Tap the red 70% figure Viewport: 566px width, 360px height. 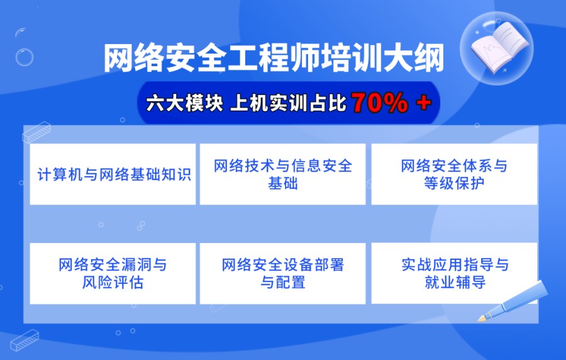click(x=380, y=103)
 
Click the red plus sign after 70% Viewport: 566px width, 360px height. click(x=424, y=103)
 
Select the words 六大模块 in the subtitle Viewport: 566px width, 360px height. click(x=184, y=103)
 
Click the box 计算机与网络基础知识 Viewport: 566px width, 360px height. click(x=113, y=174)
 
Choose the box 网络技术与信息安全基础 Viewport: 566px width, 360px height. click(x=283, y=174)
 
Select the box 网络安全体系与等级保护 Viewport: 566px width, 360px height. click(x=454, y=174)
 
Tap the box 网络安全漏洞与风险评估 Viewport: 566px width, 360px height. click(x=113, y=273)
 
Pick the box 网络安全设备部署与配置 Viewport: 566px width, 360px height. click(x=283, y=273)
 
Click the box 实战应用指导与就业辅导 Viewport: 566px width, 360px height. click(x=454, y=273)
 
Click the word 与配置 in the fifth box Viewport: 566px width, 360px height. click(x=283, y=283)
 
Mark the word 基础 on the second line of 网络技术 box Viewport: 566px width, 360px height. click(x=283, y=184)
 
